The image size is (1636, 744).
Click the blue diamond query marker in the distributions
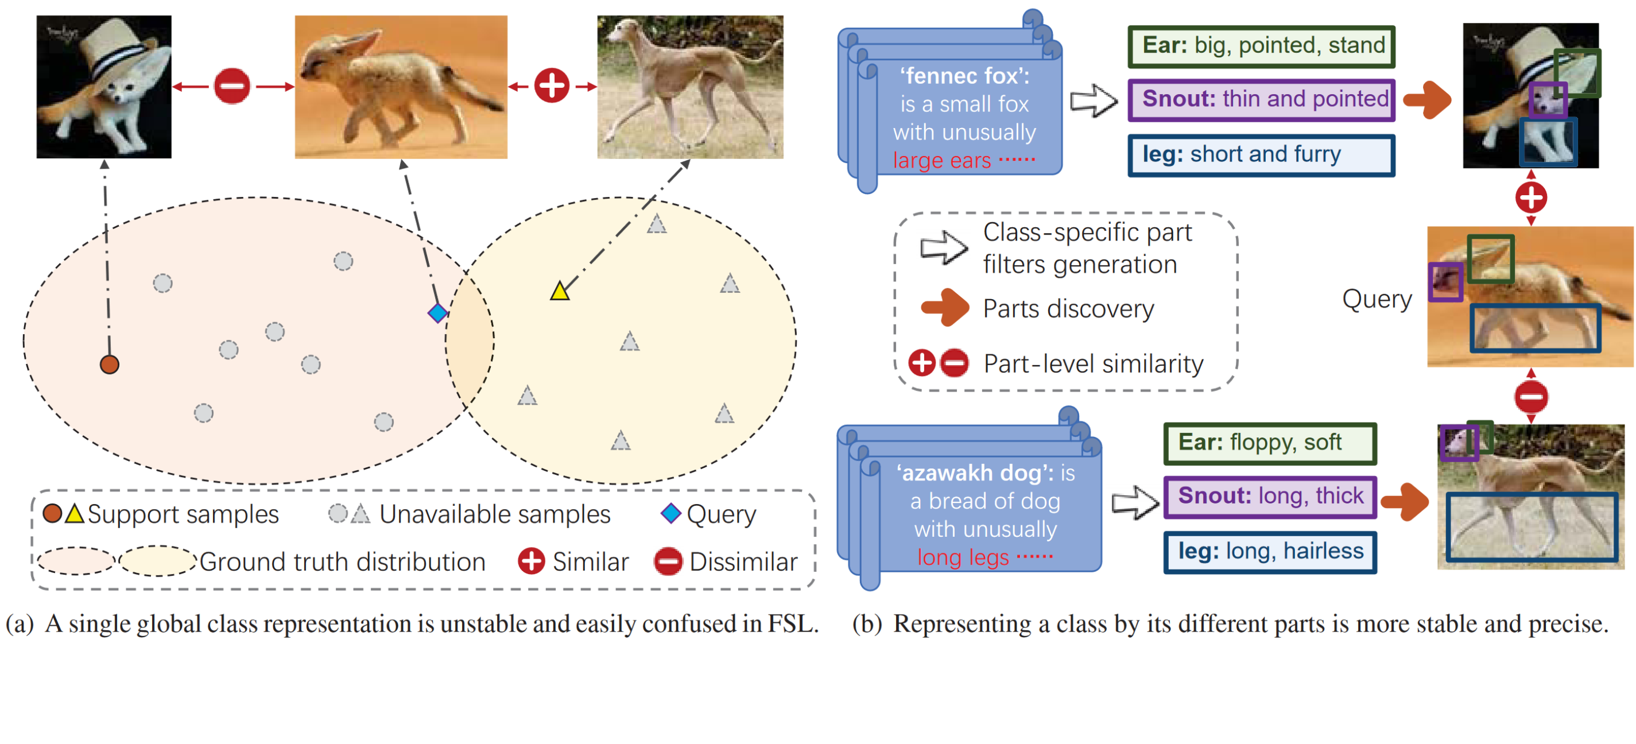pyautogui.click(x=437, y=313)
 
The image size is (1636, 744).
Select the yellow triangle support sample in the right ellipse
pyautogui.click(x=560, y=292)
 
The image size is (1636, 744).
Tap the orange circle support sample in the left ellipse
pyautogui.click(x=110, y=364)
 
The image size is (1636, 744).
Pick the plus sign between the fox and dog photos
pyautogui.click(x=551, y=86)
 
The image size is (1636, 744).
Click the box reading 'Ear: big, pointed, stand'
pyautogui.click(x=1261, y=46)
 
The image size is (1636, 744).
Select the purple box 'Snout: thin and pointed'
pyautogui.click(x=1261, y=100)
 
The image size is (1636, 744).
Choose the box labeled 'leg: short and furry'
pyautogui.click(x=1261, y=155)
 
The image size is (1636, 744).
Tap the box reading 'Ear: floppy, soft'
pyautogui.click(x=1270, y=443)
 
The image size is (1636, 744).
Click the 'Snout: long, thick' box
pyautogui.click(x=1270, y=496)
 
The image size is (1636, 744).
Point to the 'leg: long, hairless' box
pyautogui.click(x=1270, y=552)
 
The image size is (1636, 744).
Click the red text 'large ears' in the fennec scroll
pyautogui.click(x=941, y=161)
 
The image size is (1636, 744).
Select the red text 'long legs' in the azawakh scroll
pyautogui.click(x=962, y=557)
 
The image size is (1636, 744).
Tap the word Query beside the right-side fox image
pyautogui.click(x=1377, y=299)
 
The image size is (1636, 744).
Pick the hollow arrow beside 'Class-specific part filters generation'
pyautogui.click(x=944, y=248)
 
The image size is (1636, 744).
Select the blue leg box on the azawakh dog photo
pyautogui.click(x=1531, y=526)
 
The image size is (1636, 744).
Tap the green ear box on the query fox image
pyautogui.click(x=1490, y=258)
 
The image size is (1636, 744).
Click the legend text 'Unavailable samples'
pyautogui.click(x=494, y=514)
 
